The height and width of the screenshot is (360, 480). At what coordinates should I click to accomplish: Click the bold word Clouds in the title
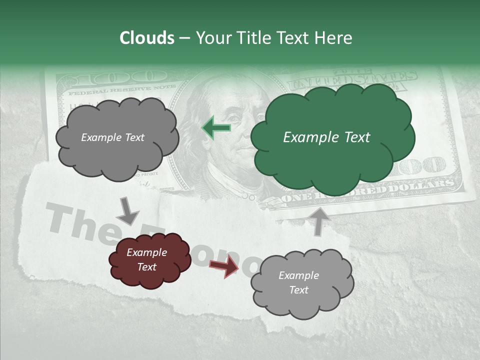147,38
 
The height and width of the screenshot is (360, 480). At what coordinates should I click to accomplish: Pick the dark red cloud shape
150,275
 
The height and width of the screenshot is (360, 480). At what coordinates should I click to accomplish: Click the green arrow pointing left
216,128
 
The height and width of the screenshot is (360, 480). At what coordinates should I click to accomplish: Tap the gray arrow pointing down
128,211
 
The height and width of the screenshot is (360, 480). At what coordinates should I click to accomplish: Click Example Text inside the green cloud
326,137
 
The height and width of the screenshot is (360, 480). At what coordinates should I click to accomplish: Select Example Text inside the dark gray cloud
112,137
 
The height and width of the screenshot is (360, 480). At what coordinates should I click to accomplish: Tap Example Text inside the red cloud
146,259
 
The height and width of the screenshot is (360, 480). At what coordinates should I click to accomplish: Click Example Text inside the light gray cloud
298,282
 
